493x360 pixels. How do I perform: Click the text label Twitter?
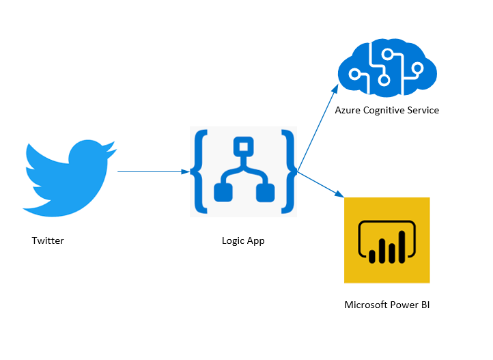pos(48,240)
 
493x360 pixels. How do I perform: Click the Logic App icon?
pos(244,172)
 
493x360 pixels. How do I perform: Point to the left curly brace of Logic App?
pos(200,172)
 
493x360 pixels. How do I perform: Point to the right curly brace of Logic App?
pos(290,172)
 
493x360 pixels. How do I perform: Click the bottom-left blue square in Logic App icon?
pos(223,193)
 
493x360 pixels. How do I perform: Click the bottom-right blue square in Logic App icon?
pos(264,193)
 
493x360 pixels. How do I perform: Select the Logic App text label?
pos(243,240)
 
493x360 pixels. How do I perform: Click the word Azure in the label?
pos(348,110)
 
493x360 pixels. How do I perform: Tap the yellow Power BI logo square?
pos(387,240)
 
